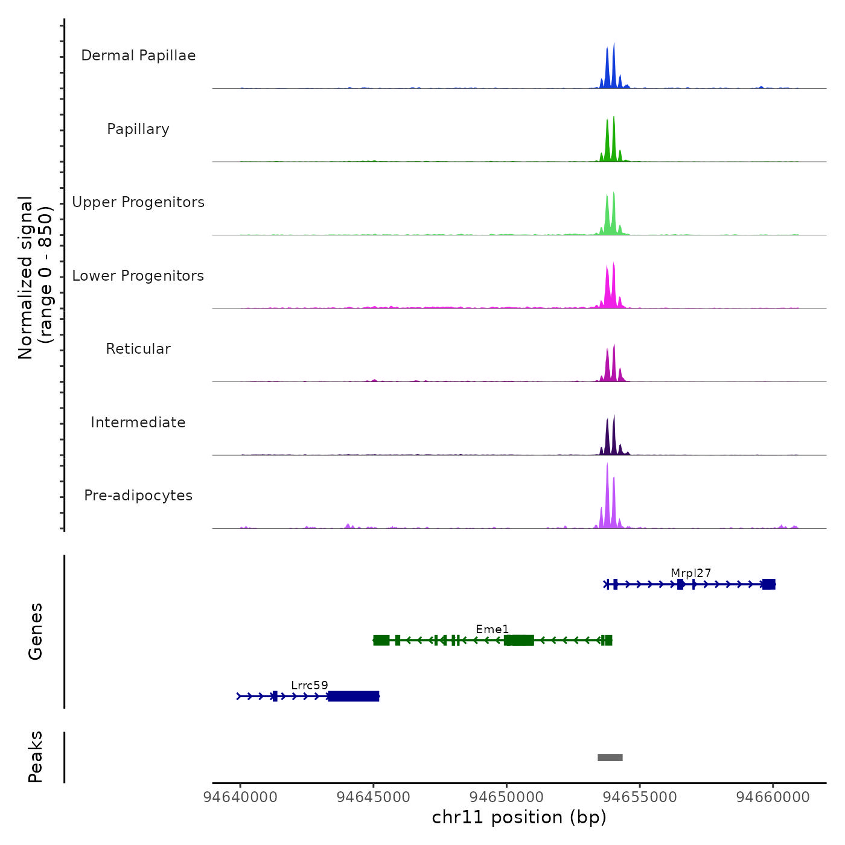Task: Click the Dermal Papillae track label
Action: [138, 56]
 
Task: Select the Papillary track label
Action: [138, 129]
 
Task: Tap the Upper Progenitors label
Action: [138, 202]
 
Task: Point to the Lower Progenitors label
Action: [138, 276]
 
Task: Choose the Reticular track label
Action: [138, 349]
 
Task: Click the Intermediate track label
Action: [138, 422]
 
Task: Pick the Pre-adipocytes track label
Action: [138, 496]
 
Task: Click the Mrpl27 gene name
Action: [690, 573]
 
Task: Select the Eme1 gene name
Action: [492, 629]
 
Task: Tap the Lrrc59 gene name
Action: [309, 685]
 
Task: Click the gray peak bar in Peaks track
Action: [610, 757]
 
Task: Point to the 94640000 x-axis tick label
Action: [240, 797]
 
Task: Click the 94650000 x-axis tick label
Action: [507, 797]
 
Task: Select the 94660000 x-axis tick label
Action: [773, 797]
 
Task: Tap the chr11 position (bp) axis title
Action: [519, 817]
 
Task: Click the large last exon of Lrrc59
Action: [353, 697]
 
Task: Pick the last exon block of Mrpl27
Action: [768, 584]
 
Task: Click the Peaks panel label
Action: [36, 757]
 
